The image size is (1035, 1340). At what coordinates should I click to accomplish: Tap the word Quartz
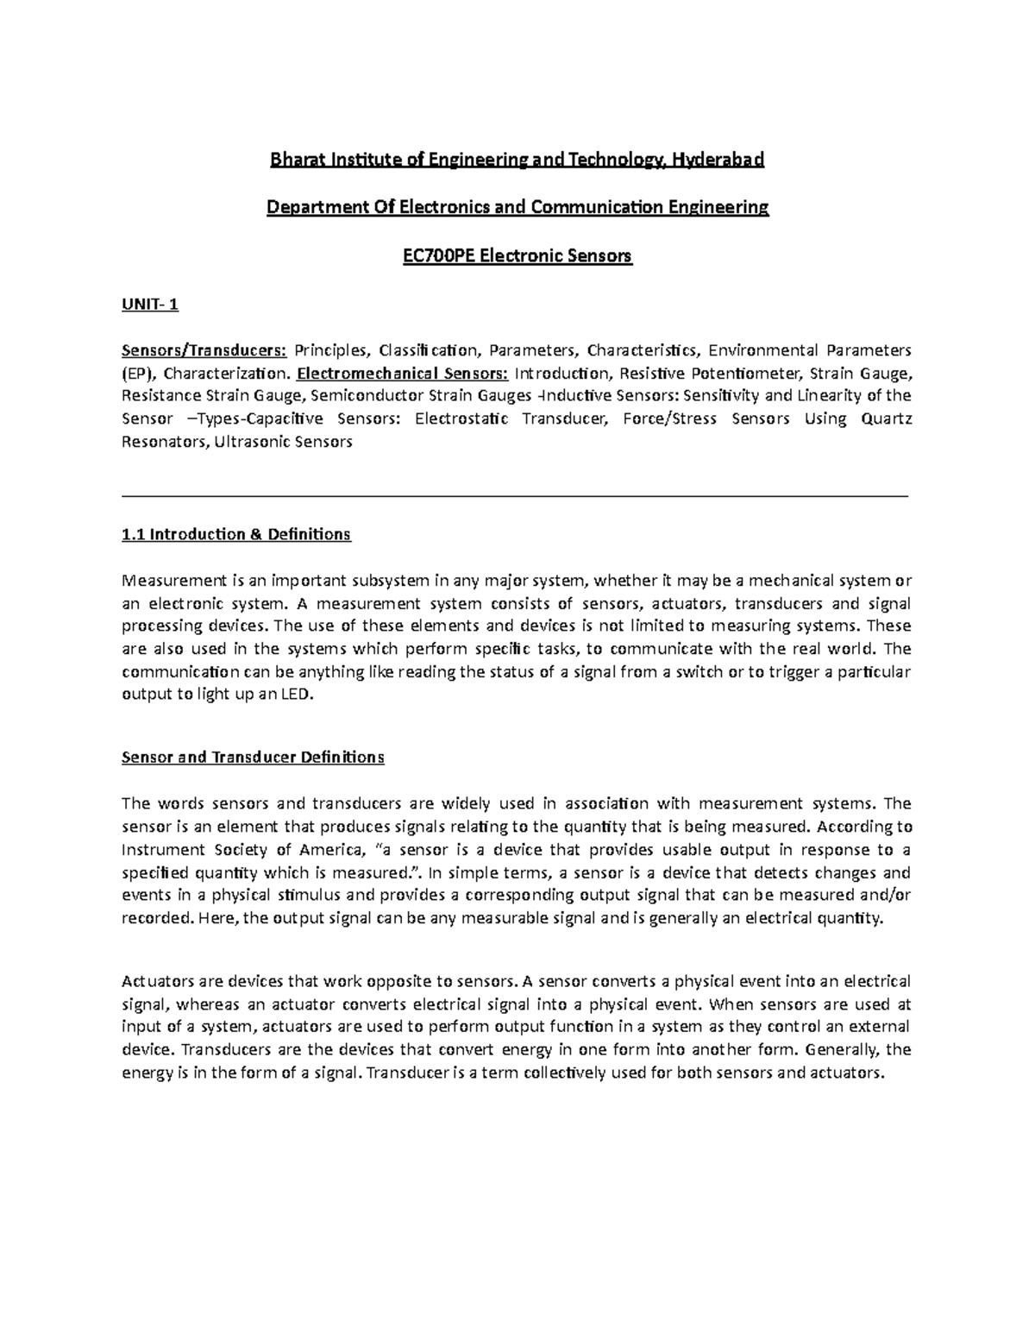point(887,419)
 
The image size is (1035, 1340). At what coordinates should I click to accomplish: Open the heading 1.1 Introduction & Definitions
point(236,534)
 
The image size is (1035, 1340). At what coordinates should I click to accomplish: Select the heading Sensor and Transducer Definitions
point(253,758)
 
